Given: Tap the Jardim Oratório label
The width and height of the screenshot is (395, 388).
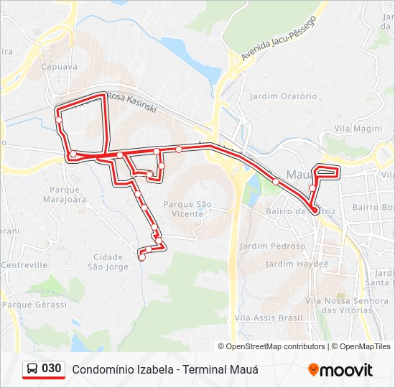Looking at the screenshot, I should (282, 96).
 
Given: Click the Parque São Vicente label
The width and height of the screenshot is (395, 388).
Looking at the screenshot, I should (188, 209).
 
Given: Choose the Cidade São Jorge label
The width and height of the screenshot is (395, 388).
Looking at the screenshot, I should (108, 262).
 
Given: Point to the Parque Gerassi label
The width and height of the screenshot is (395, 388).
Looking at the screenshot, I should (34, 305).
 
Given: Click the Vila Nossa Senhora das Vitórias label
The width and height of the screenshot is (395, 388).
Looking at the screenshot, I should (341, 305).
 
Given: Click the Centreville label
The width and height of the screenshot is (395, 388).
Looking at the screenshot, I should (24, 265).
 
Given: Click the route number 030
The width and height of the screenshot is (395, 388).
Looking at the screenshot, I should (52, 369).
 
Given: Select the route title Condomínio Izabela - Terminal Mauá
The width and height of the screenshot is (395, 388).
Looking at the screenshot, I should (164, 369).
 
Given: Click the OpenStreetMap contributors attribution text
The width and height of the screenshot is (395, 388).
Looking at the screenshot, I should (275, 346).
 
